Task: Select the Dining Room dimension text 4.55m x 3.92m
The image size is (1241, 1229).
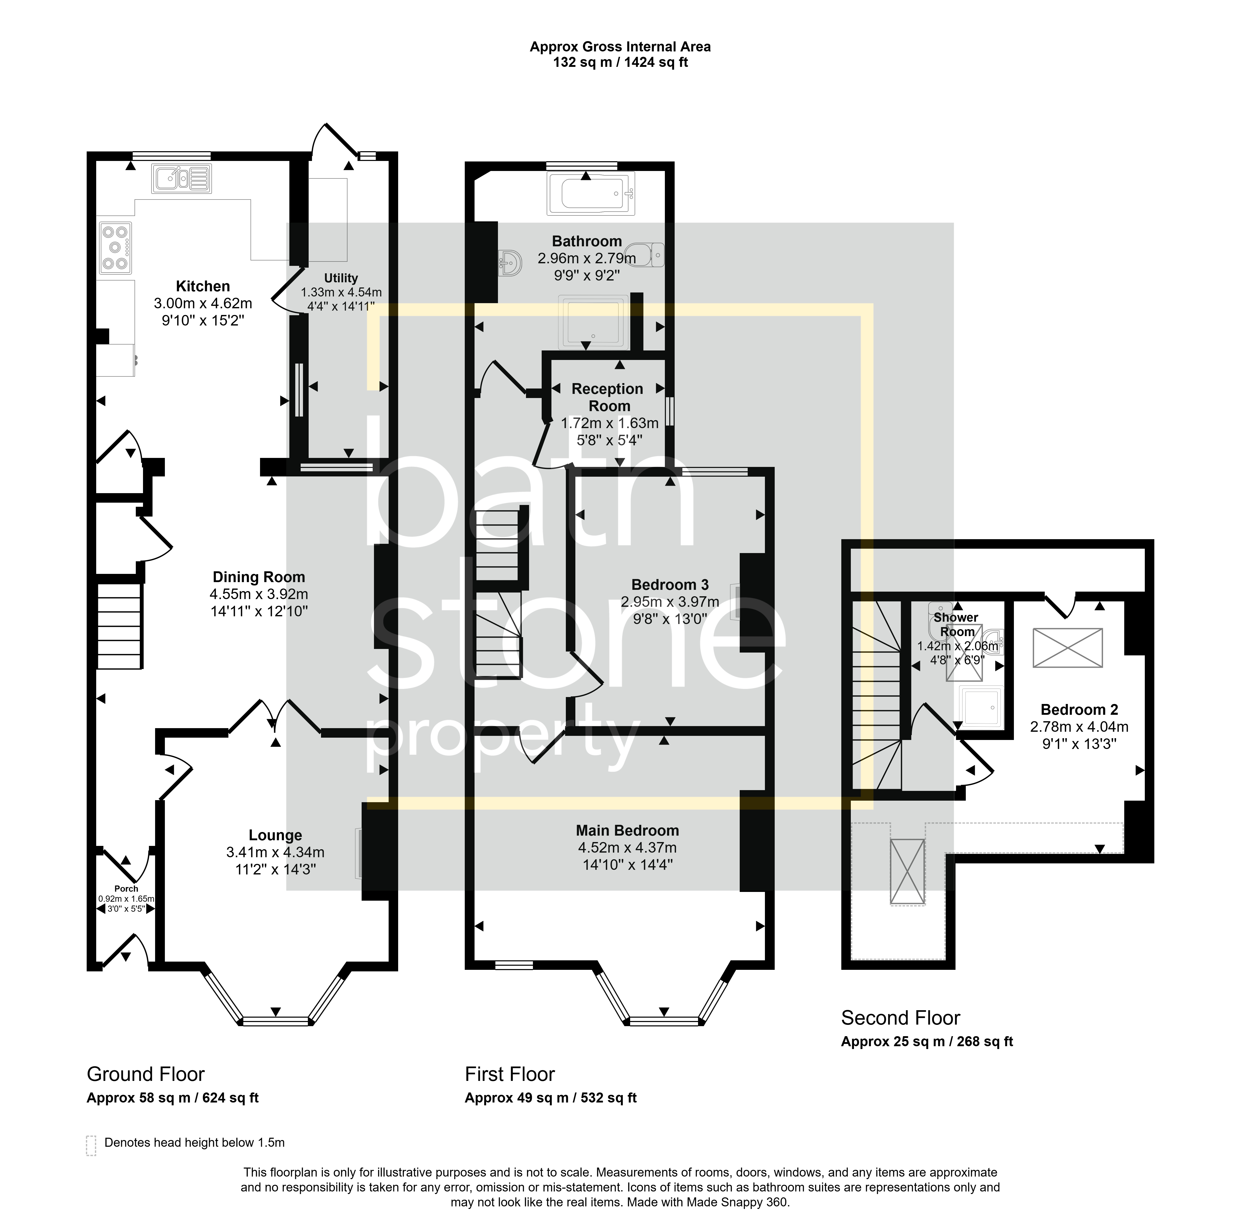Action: coord(259,594)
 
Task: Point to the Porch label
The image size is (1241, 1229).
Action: coord(127,889)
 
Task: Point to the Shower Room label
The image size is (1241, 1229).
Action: coord(957,624)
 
